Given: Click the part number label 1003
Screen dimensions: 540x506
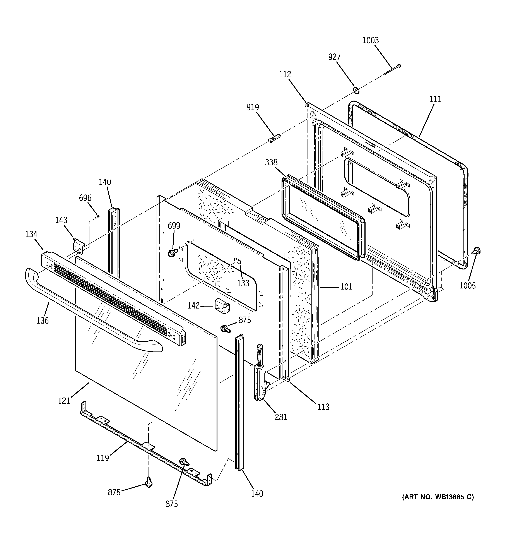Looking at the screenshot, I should (370, 41).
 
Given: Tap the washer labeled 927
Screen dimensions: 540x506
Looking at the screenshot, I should (356, 90).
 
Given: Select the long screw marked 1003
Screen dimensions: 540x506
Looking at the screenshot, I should (392, 70).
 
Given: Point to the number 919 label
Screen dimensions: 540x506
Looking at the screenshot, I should (252, 107).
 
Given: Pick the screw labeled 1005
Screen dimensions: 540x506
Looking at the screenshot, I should (476, 250).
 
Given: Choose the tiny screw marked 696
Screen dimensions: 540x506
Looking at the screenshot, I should (97, 217).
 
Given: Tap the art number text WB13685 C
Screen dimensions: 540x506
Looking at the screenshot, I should (438, 497).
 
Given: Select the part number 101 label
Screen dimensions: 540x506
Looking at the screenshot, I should (346, 286).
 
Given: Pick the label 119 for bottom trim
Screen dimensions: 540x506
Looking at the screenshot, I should (103, 458).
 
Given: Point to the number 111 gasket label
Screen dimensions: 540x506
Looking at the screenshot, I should (435, 99).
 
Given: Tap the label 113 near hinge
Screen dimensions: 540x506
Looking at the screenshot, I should (323, 407).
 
